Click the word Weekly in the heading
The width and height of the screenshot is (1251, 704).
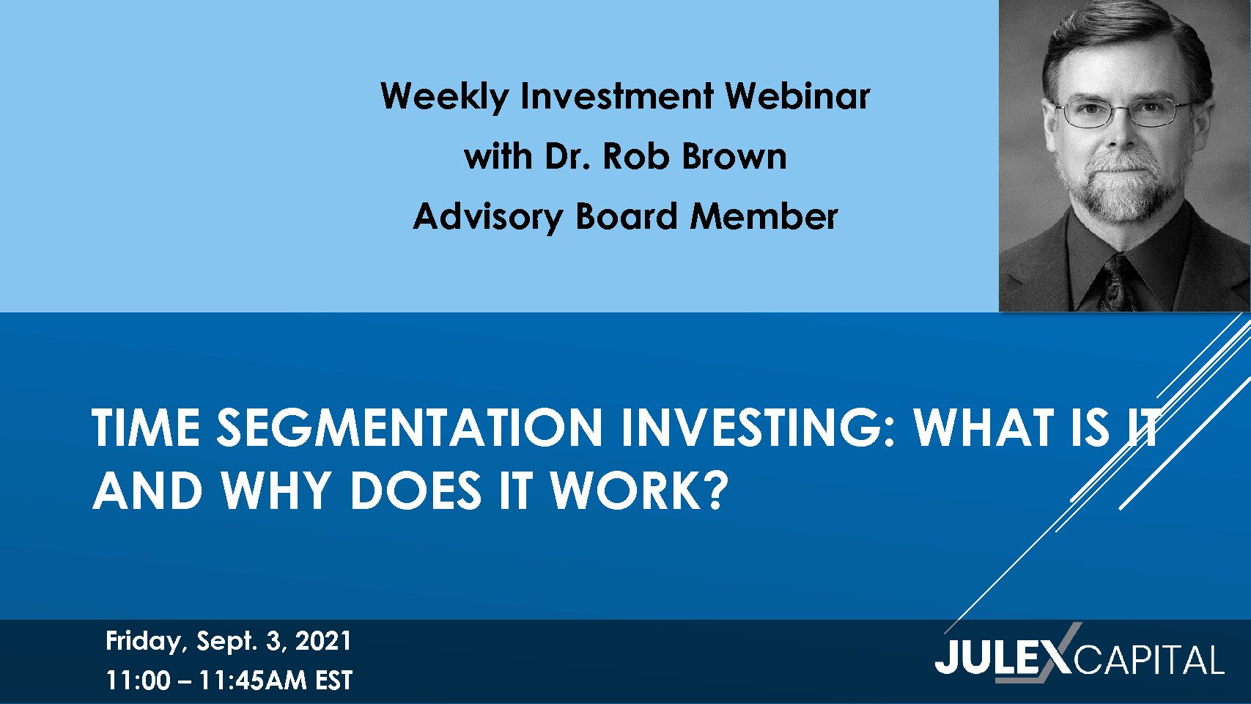tap(445, 97)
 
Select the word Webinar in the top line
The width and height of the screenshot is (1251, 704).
tap(797, 95)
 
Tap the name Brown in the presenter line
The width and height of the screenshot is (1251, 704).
tap(734, 156)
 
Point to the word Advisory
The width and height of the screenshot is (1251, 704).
tap(488, 218)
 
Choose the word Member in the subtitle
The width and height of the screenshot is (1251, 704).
tap(764, 216)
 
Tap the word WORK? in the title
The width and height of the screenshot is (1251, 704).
tap(639, 490)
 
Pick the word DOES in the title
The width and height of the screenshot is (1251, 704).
tap(416, 490)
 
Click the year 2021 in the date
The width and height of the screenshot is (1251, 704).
tap(322, 641)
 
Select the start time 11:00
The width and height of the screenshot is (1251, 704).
tap(138, 681)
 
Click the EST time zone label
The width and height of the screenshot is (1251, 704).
tap(333, 681)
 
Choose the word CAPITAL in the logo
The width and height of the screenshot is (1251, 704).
tap(1149, 661)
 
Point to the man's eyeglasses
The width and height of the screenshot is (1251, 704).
tap(1123, 111)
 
